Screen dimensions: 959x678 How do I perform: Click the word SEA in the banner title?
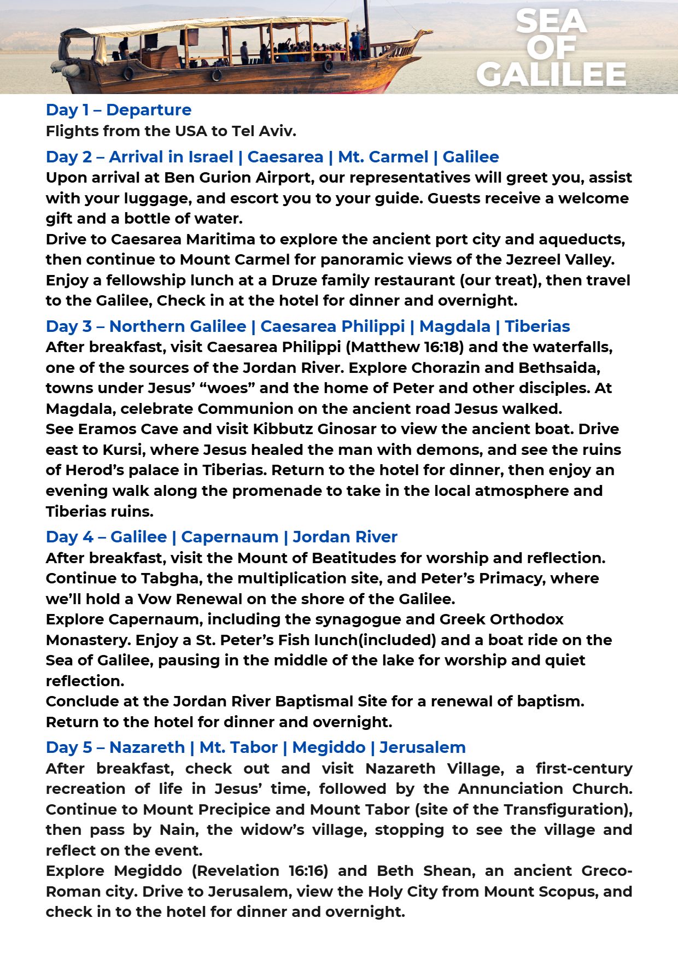551,22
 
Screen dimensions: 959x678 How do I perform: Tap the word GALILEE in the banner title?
551,75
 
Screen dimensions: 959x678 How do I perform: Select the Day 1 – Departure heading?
119,110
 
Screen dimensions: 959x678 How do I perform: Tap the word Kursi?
122,450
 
